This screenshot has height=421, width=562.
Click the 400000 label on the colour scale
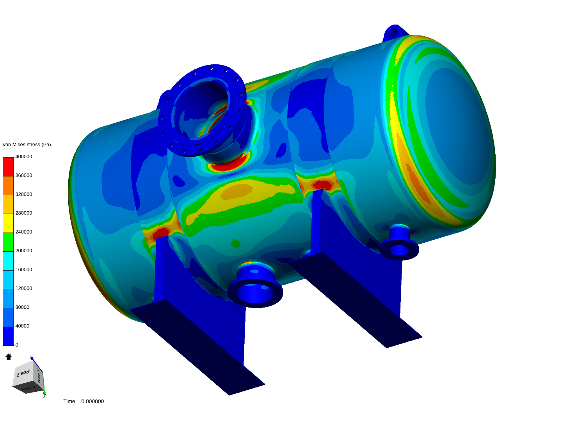23,157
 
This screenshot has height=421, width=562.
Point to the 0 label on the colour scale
17,345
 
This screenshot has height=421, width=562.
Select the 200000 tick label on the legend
23,251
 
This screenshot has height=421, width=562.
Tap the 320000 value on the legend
23,194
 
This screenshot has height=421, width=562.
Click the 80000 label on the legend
22,307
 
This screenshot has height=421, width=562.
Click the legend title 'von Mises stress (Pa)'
27,145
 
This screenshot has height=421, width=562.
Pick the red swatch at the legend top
8,166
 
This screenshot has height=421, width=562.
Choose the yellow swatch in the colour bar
8,223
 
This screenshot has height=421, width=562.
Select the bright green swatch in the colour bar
8,242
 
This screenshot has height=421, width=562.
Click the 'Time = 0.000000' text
84,402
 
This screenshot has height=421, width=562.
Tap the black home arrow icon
9,357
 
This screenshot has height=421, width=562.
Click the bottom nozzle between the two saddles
255,287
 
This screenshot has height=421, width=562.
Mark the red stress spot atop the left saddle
160,233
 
